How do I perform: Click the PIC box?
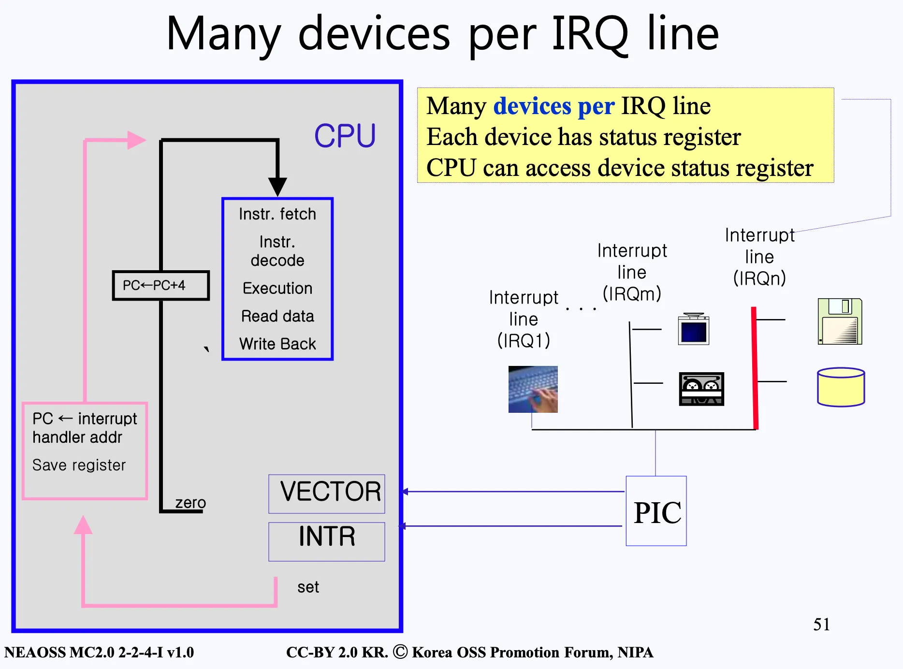[656, 511]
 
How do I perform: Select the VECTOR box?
[327, 494]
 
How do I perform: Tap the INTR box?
[327, 541]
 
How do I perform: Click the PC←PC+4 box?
[161, 285]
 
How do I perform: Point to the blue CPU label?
[345, 136]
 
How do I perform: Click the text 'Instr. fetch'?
[277, 214]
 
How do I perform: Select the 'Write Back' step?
[277, 344]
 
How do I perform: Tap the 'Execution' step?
[277, 288]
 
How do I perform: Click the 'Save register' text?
[79, 465]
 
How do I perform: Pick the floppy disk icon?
[840, 321]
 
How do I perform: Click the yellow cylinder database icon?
[841, 387]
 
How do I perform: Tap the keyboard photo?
[533, 389]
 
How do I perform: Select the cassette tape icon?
[701, 389]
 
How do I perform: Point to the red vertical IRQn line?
[755, 368]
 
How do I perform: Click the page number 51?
[821, 624]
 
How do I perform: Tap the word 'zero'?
[190, 503]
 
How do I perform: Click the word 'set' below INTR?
[308, 587]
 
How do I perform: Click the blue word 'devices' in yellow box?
[532, 106]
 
